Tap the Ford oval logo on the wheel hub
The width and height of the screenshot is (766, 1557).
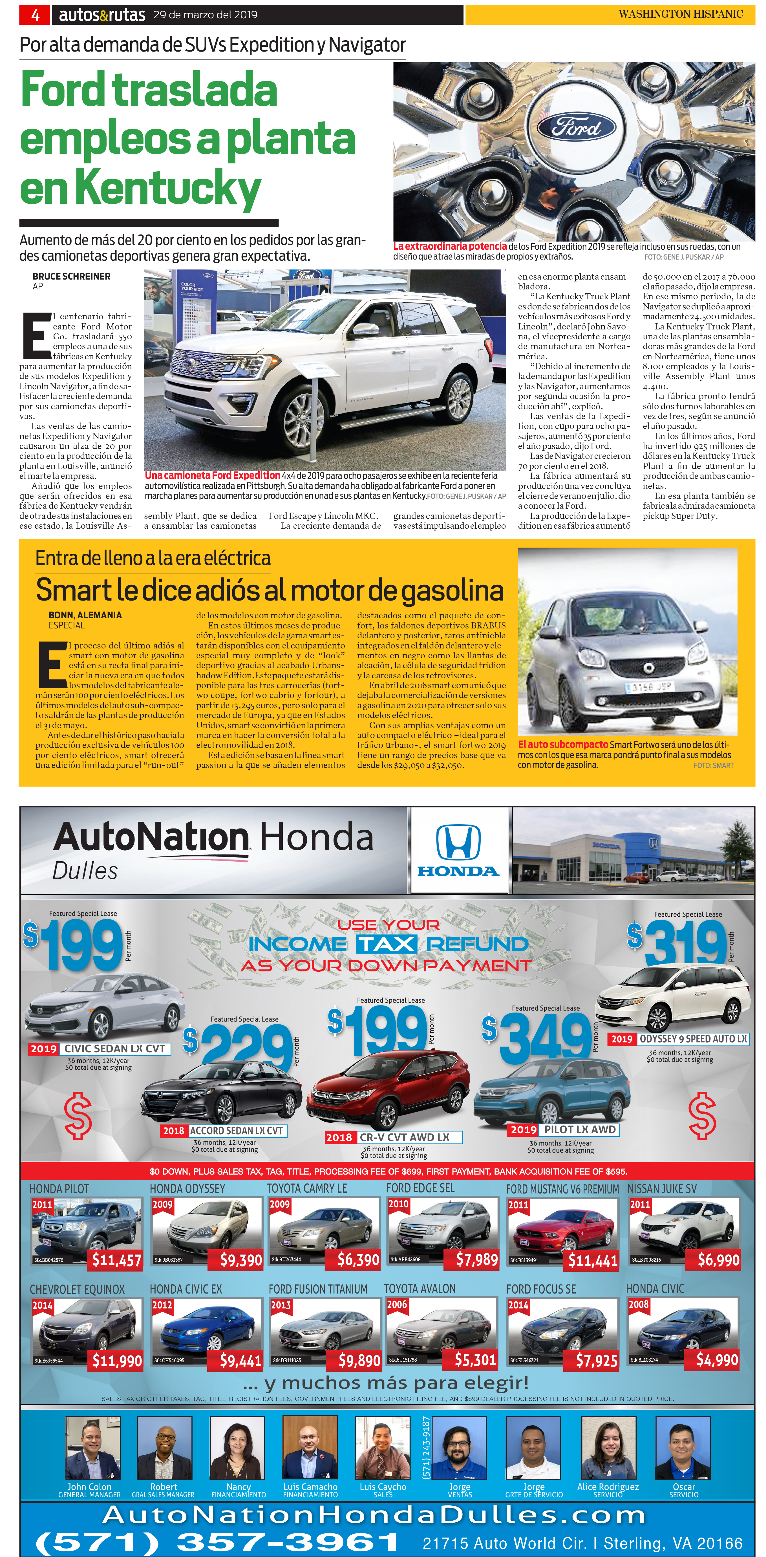click(576, 127)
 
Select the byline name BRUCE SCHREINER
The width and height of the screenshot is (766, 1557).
click(71, 276)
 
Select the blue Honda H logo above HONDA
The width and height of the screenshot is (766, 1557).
click(458, 842)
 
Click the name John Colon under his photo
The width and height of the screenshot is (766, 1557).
click(89, 1486)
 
